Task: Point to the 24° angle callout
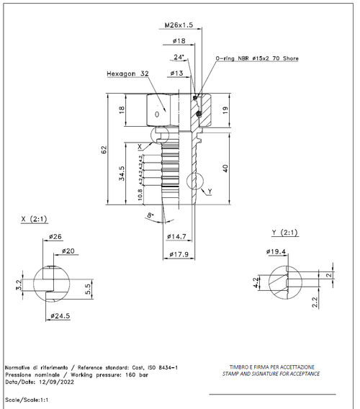point(179,56)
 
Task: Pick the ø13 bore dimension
point(176,73)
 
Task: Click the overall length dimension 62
point(104,149)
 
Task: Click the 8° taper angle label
point(150,215)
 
